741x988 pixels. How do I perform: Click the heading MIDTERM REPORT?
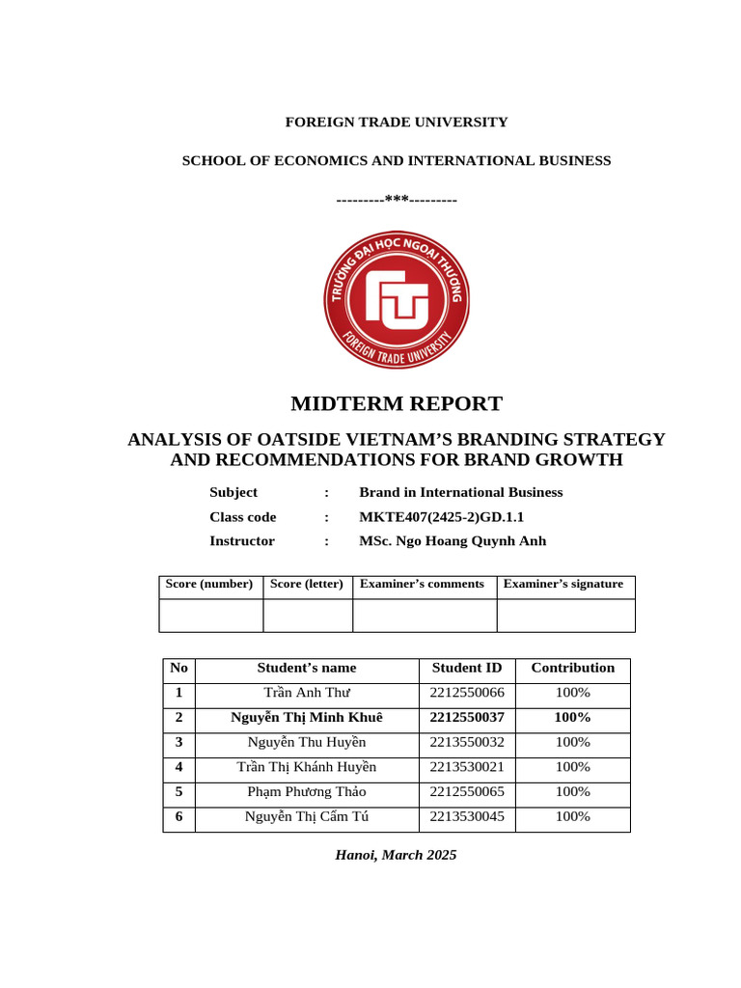tap(397, 404)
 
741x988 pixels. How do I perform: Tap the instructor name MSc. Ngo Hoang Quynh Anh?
tap(453, 541)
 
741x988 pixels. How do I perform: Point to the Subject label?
tap(233, 492)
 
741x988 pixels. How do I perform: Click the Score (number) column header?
tap(209, 584)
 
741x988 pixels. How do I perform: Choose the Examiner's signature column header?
tap(563, 584)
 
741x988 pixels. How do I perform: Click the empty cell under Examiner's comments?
tap(424, 615)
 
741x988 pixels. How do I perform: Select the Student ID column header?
tap(467, 668)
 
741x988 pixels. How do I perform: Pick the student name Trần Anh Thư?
tap(307, 693)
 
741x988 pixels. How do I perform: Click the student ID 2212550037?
tap(467, 718)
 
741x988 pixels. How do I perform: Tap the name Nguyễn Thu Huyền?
tap(307, 742)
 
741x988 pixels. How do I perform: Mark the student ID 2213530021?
tap(467, 767)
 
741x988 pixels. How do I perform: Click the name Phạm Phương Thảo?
tap(307, 792)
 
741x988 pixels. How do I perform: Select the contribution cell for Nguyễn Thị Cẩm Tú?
tap(573, 817)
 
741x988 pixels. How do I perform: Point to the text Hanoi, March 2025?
tap(396, 855)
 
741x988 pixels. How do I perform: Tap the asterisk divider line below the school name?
tap(397, 199)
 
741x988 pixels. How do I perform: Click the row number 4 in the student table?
tap(178, 767)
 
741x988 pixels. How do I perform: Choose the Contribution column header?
tap(573, 668)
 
